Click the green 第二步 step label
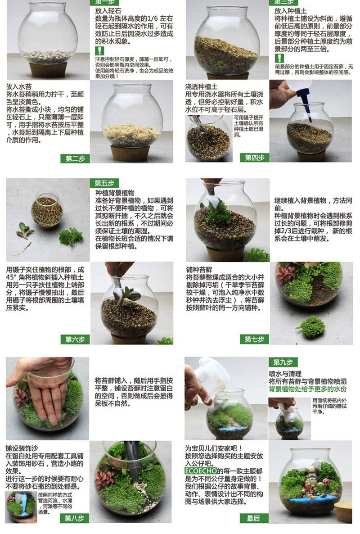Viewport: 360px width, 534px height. click(x=75, y=158)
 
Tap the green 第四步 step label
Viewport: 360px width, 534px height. click(x=254, y=157)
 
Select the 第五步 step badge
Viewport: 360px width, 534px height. click(x=104, y=183)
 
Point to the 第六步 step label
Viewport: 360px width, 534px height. click(x=75, y=339)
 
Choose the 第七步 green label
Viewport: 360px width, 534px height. click(x=254, y=339)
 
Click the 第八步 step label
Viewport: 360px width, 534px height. click(x=75, y=518)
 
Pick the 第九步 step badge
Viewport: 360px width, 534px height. click(x=283, y=362)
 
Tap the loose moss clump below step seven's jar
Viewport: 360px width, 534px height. click(x=310, y=326)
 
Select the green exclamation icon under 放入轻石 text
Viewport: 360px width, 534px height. click(x=99, y=51)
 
